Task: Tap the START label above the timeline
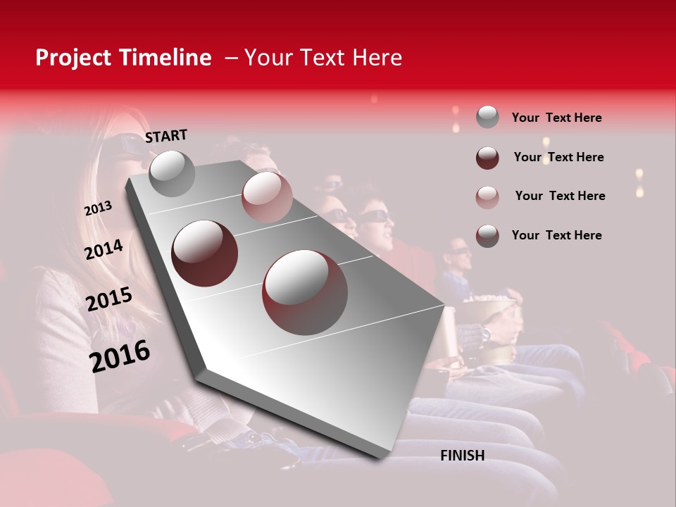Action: point(166,136)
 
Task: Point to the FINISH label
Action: point(462,456)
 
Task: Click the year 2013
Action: point(98,208)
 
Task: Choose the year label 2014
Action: point(104,250)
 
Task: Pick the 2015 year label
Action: point(109,300)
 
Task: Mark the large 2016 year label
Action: point(120,356)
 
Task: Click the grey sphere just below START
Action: point(173,173)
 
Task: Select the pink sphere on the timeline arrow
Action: point(267,196)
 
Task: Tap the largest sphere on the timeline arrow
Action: point(304,292)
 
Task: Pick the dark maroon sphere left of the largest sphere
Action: point(204,253)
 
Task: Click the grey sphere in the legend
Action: point(487,118)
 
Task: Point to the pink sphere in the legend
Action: point(487,196)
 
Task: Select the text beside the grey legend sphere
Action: point(556,118)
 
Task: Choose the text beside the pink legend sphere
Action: point(560,196)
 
